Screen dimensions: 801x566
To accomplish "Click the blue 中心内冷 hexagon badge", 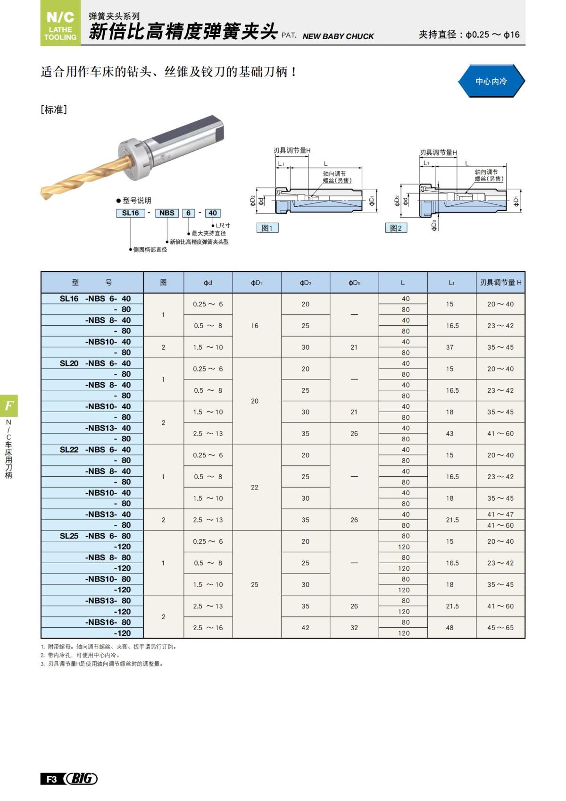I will pos(491,81).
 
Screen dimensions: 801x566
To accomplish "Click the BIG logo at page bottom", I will pos(82,778).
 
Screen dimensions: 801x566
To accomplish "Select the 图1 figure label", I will pos(267,228).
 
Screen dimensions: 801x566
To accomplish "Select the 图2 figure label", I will pos(396,228).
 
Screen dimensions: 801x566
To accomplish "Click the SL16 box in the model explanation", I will pos(130,213).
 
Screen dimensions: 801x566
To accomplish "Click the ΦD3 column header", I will pos(354,283).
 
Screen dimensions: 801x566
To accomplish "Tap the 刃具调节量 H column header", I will pos(500,283).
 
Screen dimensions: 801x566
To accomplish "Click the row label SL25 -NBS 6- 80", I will pos(94,536).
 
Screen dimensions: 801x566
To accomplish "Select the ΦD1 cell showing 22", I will pos(255,487).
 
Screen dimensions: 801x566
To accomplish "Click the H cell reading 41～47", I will pos(500,514).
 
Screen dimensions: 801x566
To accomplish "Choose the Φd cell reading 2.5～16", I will pos(208,628).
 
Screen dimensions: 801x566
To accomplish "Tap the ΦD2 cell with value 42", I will pos(306,628).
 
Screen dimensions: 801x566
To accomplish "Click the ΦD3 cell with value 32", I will pos(354,628).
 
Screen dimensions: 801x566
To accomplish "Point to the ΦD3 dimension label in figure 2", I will pos(434,225).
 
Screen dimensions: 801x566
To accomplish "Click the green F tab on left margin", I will pos(9,405).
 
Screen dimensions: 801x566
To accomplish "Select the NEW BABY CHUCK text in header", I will pos(338,36).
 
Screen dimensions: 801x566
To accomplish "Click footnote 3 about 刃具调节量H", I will pos(102,664).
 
